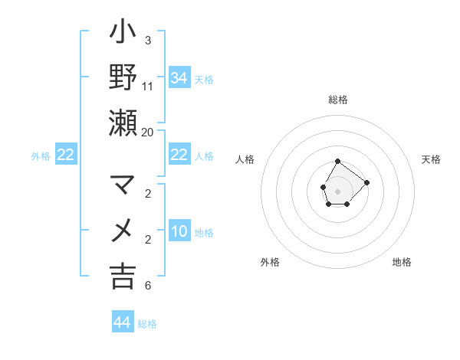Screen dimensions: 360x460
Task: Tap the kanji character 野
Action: coord(123,77)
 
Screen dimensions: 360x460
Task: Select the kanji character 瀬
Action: coord(123,123)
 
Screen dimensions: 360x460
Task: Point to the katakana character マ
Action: coord(123,185)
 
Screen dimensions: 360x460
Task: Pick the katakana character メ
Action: coord(123,231)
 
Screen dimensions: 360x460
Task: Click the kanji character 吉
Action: coord(123,276)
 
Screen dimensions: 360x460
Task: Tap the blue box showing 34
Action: coord(179,77)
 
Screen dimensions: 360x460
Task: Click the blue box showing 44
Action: coord(123,322)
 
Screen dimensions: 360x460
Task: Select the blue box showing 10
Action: coord(179,231)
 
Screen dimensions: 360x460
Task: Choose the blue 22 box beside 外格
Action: coord(66,155)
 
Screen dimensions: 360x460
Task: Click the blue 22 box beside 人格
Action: coord(179,155)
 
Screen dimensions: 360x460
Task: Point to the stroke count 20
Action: coord(148,132)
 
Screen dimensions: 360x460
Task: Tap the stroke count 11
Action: coord(148,86)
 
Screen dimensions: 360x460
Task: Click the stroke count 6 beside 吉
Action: coord(148,286)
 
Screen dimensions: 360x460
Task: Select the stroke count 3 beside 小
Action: coord(148,40)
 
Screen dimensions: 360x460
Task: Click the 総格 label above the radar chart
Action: coord(338,100)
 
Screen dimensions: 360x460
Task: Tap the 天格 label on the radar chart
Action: coord(431,159)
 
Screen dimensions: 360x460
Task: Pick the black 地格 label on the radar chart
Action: coord(402,262)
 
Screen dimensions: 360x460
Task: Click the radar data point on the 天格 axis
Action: coord(367,182)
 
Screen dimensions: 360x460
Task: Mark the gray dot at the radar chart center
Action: coord(338,190)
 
